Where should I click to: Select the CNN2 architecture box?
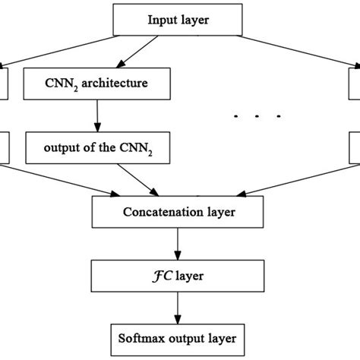coord(97,83)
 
